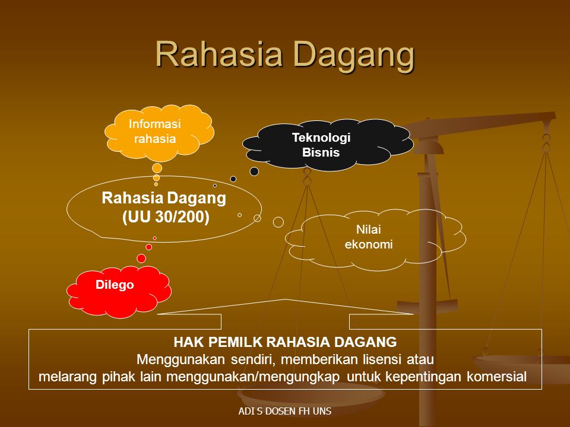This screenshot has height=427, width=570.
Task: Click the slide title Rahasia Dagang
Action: pyautogui.click(x=285, y=54)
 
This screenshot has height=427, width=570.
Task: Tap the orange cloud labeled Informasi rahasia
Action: pyautogui.click(x=159, y=132)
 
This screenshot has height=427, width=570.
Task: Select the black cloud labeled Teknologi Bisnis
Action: pyautogui.click(x=328, y=145)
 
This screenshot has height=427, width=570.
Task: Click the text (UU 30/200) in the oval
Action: pyautogui.click(x=166, y=217)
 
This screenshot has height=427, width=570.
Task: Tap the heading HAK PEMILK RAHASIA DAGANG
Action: pyautogui.click(x=285, y=342)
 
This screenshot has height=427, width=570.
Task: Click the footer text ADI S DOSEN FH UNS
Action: pyautogui.click(x=285, y=411)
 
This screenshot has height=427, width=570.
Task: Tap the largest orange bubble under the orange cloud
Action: pyautogui.click(x=157, y=168)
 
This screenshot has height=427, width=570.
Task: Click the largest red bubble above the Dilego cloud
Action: pyautogui.click(x=141, y=259)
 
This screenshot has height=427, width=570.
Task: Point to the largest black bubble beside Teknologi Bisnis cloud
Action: pyautogui.click(x=255, y=171)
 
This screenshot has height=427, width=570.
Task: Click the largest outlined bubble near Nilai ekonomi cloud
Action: pyautogui.click(x=278, y=222)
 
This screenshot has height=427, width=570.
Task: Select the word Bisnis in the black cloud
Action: pyautogui.click(x=321, y=152)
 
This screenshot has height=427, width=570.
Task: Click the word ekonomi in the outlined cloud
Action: pyautogui.click(x=369, y=244)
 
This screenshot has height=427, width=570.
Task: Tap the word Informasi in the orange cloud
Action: pyautogui.click(x=155, y=124)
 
